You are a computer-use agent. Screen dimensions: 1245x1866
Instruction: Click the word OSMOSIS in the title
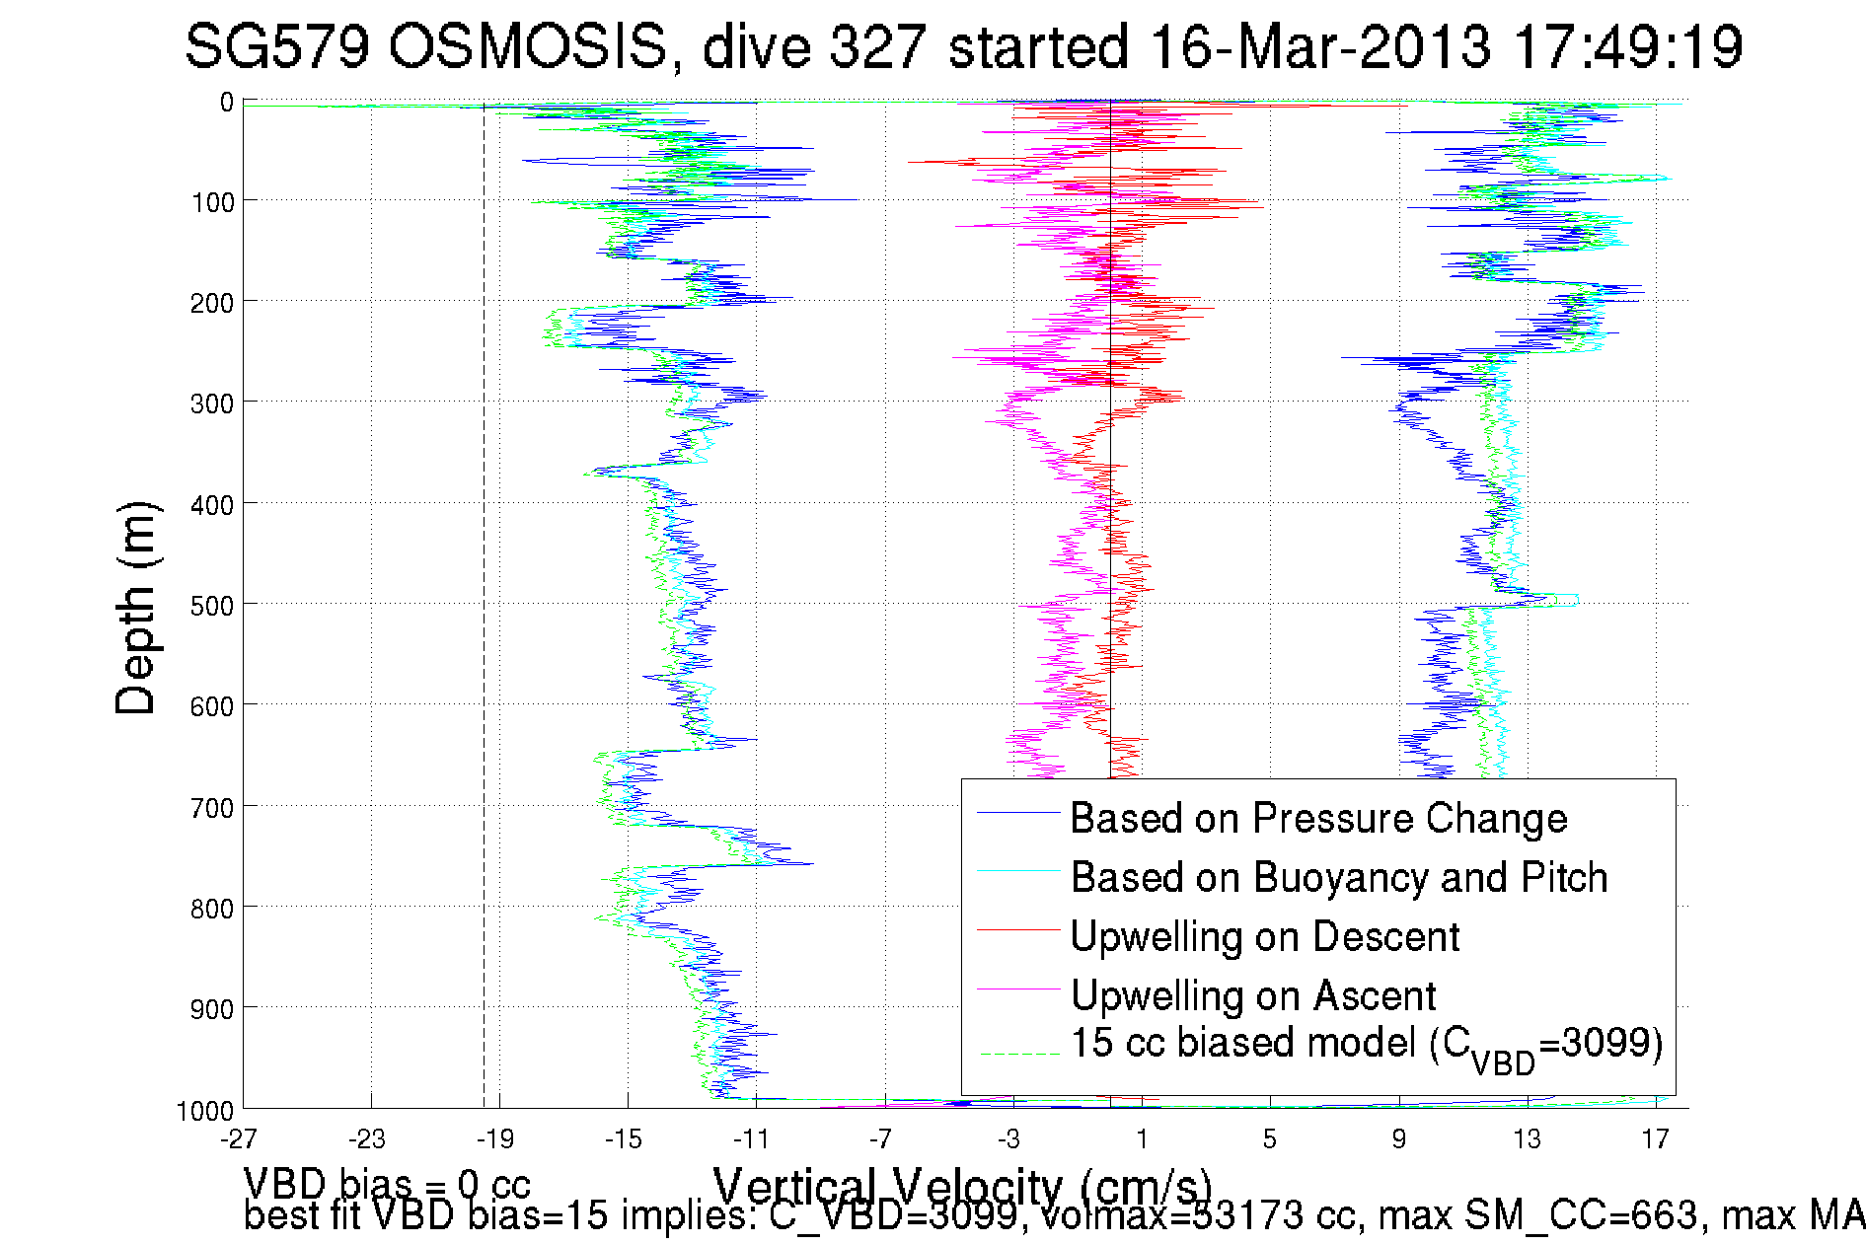click(527, 46)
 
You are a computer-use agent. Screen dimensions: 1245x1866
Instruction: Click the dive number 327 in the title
click(876, 46)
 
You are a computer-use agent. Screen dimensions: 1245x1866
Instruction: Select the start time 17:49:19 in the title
click(1627, 46)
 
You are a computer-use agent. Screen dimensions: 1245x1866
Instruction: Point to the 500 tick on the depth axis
click(211, 606)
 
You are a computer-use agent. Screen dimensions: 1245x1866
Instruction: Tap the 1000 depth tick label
click(204, 1111)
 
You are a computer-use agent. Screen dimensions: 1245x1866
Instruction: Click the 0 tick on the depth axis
click(227, 103)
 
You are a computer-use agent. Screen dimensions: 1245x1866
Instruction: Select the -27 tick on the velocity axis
click(239, 1139)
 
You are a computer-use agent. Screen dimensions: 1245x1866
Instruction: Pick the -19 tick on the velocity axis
click(495, 1139)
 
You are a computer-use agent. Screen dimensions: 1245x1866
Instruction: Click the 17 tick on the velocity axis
click(1655, 1139)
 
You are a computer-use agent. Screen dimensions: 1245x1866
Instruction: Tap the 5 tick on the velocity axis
click(1269, 1139)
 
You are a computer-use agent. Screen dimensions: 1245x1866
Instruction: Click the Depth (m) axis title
click(135, 608)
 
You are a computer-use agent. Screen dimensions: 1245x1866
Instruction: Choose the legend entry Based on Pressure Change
click(1318, 818)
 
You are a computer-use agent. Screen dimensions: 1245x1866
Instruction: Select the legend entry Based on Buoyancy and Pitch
click(1338, 877)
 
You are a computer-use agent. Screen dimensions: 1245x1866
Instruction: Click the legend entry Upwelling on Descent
click(1264, 936)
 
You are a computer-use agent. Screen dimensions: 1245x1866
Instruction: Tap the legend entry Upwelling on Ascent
click(1252, 995)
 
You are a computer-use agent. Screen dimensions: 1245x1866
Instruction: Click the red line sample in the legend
click(1017, 930)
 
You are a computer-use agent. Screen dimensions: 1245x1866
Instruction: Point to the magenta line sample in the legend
click(1017, 989)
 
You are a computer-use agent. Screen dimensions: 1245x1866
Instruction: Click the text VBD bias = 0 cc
click(387, 1183)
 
